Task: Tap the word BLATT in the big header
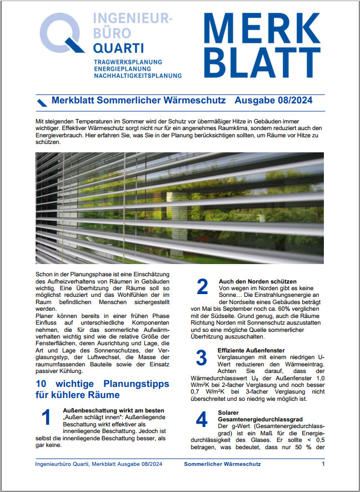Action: pos(258,61)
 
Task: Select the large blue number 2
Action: pos(202,287)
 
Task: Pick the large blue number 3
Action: pos(202,357)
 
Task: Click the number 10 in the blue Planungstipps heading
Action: pos(42,384)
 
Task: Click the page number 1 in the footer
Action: pos(323,464)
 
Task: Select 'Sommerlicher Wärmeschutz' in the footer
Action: pos(222,464)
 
